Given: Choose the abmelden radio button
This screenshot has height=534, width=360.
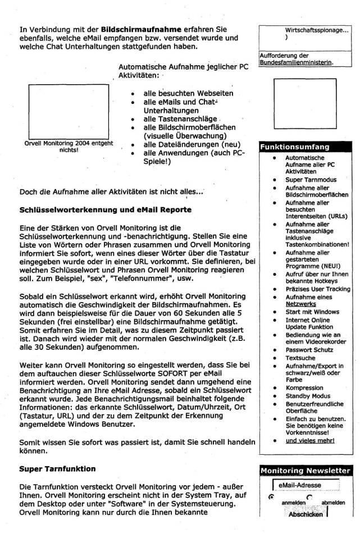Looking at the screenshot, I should click(309, 496).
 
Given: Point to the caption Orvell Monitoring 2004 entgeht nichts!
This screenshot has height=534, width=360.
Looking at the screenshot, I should click(66, 147).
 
